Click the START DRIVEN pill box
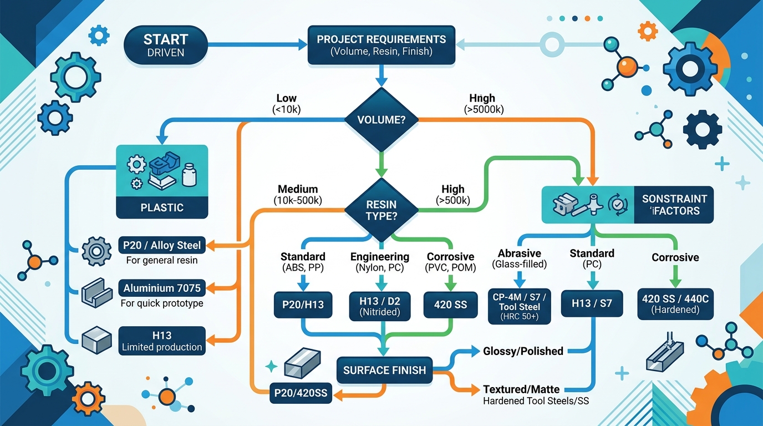pyautogui.click(x=166, y=45)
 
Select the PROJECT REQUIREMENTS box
pyautogui.click(x=381, y=45)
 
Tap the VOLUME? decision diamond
pyautogui.click(x=381, y=119)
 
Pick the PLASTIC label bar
pyautogui.click(x=162, y=207)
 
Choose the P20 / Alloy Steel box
pyautogui.click(x=162, y=244)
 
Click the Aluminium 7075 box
pyautogui.click(x=162, y=288)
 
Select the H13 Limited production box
pyautogui.click(x=162, y=341)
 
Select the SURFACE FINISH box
pyautogui.click(x=384, y=370)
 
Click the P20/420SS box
pyautogui.click(x=300, y=393)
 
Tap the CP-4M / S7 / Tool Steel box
pyautogui.click(x=518, y=306)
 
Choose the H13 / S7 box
pyautogui.click(x=592, y=303)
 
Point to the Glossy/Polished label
pyautogui.click(x=523, y=351)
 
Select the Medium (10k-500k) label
pyautogui.click(x=298, y=194)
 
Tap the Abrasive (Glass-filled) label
pyautogui.click(x=519, y=258)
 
